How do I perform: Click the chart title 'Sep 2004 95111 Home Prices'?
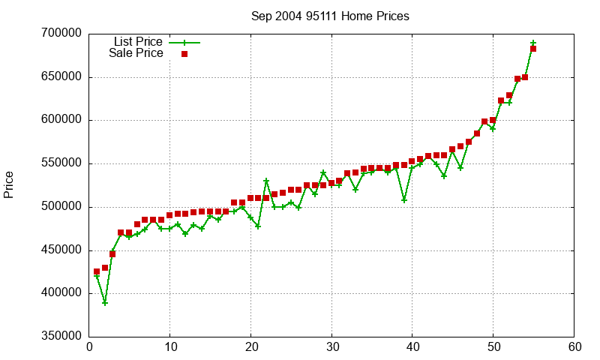point(330,16)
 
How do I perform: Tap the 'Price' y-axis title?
point(9,184)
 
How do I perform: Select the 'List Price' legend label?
point(138,42)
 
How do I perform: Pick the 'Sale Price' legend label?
point(136,53)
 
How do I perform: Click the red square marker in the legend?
point(184,54)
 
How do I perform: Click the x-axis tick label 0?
point(89,347)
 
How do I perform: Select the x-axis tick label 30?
point(331,347)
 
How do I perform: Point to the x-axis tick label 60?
point(574,347)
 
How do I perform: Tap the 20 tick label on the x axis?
point(250,347)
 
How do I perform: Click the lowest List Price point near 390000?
point(105,302)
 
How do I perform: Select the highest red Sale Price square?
point(533,49)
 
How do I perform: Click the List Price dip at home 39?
point(404,200)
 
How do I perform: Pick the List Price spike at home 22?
point(266,181)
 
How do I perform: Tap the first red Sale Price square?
point(97,271)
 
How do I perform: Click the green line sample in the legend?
point(184,43)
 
